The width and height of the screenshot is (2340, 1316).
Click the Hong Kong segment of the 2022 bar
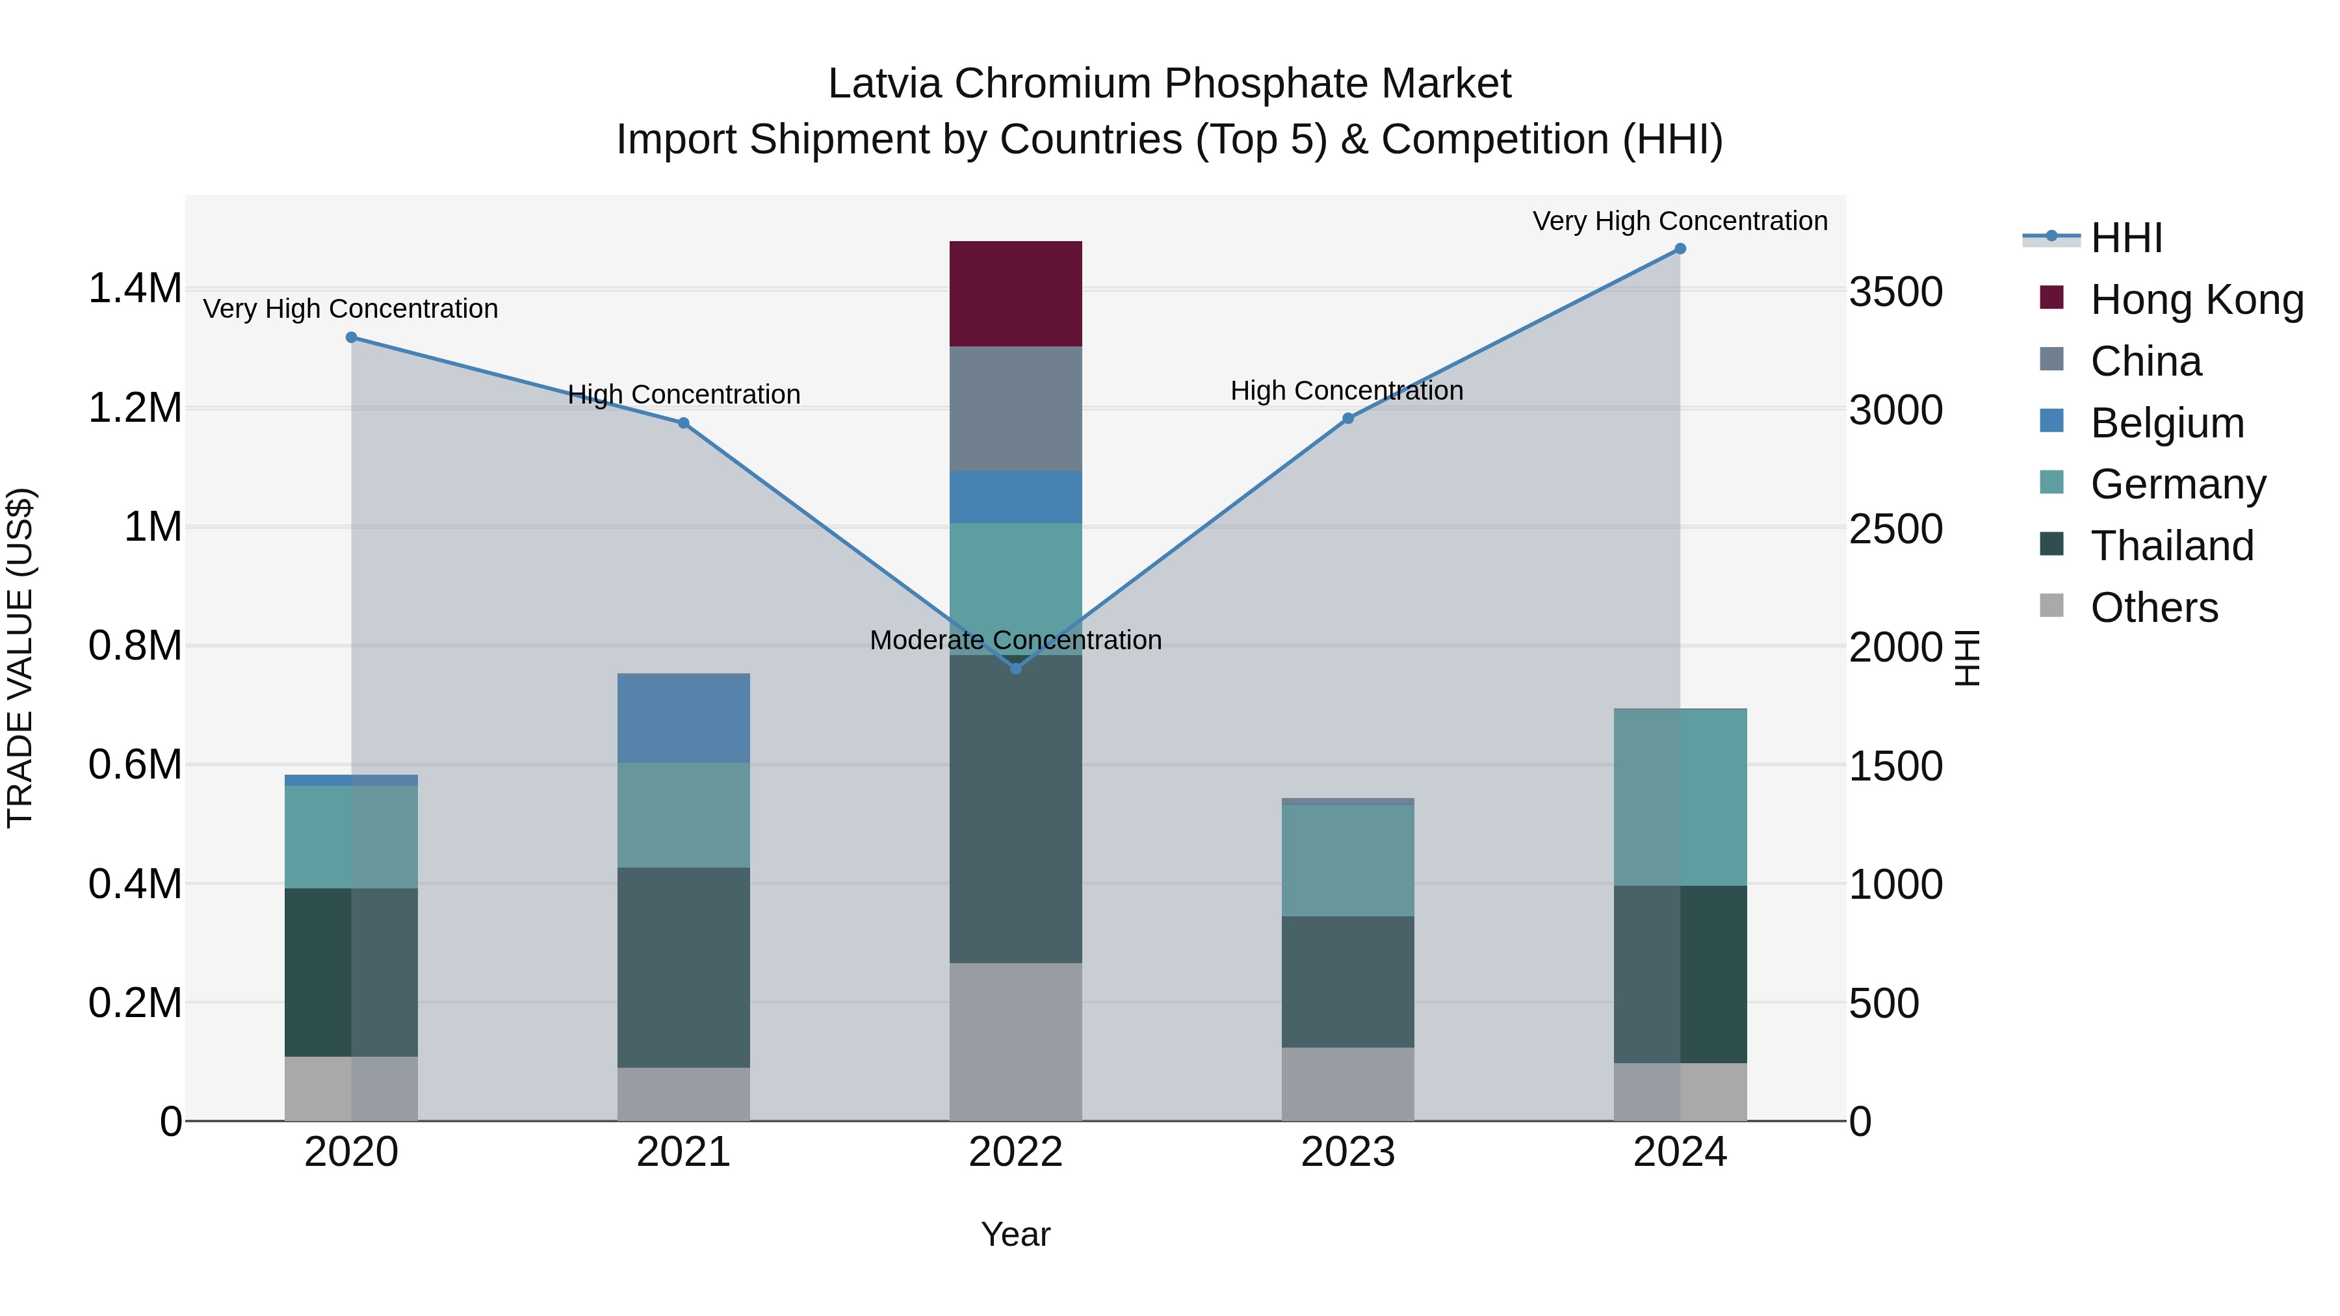coord(1015,293)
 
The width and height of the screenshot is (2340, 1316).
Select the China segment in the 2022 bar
coord(1015,409)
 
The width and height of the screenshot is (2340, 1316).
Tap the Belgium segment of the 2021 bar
coord(683,717)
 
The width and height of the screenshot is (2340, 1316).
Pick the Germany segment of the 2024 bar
coord(1680,797)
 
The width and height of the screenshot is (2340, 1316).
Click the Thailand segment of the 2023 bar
coord(1347,982)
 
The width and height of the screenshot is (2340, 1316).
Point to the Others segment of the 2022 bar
coord(1015,1042)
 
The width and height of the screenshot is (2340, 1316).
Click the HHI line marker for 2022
coord(1015,669)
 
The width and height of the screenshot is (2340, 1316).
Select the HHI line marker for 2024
coord(1680,249)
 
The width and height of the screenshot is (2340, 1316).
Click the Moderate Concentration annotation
coord(1015,640)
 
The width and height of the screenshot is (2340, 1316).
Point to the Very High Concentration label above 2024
coord(1680,222)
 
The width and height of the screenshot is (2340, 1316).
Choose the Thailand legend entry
coord(2171,546)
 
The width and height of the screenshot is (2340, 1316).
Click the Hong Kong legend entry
coord(2196,300)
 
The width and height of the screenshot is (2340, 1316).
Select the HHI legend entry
coord(2125,238)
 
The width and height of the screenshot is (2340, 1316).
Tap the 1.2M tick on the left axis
coord(135,407)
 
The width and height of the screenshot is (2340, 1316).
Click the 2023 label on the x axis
coord(1347,1152)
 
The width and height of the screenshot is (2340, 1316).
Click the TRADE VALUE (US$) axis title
coord(21,658)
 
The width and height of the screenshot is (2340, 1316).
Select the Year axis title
coord(1015,1234)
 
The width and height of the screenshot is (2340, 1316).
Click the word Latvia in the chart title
coord(885,84)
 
